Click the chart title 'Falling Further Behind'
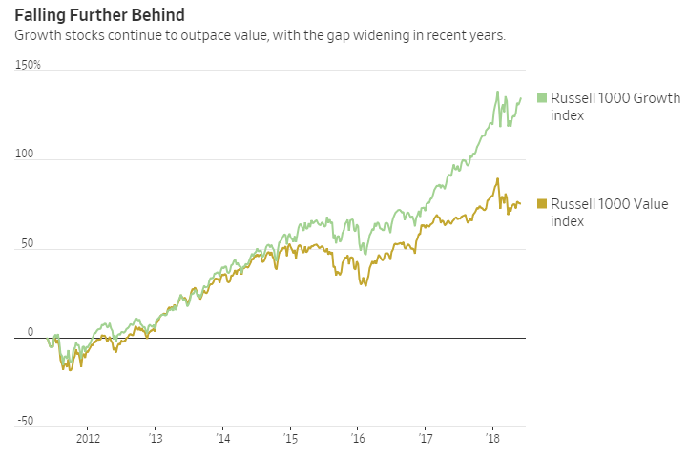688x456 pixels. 99,15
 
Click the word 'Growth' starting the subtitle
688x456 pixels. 36,35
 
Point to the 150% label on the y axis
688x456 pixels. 28,65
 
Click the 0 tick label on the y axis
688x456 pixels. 30,332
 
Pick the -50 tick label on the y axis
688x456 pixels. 25,421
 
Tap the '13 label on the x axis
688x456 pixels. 155,440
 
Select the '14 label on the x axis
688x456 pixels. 222,440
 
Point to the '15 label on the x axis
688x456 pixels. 290,440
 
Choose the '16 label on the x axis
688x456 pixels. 358,440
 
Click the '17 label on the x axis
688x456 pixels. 426,440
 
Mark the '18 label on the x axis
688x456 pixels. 493,440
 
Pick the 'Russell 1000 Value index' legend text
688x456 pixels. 610,213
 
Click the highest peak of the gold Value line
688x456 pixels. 497,179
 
